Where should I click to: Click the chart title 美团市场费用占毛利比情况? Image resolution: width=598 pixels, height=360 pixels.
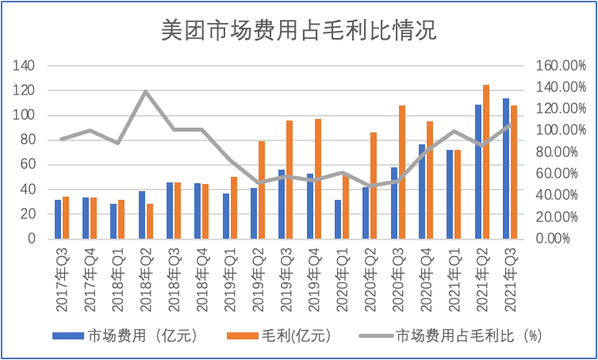298,31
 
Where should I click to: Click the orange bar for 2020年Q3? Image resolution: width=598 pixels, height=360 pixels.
402,171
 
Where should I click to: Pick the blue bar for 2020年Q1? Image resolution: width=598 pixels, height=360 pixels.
338,219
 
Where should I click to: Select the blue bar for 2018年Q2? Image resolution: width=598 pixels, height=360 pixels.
142,214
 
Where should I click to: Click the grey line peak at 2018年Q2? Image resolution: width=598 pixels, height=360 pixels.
146,92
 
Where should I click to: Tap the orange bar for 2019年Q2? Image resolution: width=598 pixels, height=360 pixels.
262,190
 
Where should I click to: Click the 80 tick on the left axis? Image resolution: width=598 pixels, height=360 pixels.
29,140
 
